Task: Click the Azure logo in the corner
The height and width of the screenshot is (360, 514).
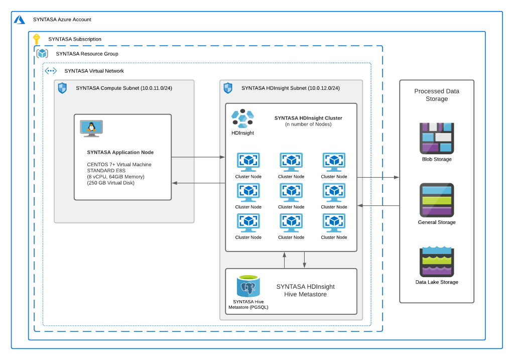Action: [20, 20]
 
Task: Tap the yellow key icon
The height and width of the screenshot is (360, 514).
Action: [36, 39]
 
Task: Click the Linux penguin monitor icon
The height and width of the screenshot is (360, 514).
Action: [91, 128]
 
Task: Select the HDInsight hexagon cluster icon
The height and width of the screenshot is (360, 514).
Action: [242, 119]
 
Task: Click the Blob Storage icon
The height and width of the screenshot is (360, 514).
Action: [437, 138]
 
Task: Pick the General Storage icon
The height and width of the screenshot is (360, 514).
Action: [437, 200]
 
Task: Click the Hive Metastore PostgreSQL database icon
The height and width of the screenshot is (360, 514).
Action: [248, 286]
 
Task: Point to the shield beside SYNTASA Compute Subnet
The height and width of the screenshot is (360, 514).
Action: [62, 88]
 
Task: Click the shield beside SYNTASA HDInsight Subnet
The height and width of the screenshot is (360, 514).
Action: [228, 88]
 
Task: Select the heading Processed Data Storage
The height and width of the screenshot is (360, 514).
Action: [437, 95]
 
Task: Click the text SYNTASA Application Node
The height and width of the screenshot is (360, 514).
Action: [120, 152]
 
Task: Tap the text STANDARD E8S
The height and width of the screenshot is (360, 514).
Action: [106, 171]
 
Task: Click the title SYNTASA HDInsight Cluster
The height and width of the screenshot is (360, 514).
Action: [308, 118]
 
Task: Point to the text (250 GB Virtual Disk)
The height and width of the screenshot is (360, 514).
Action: [111, 183]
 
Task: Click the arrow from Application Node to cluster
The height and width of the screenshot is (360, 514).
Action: [198, 157]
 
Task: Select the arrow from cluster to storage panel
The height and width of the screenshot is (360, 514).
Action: [378, 177]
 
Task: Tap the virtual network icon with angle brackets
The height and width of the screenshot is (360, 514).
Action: [51, 71]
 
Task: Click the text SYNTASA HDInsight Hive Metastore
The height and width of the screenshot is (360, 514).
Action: [305, 290]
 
